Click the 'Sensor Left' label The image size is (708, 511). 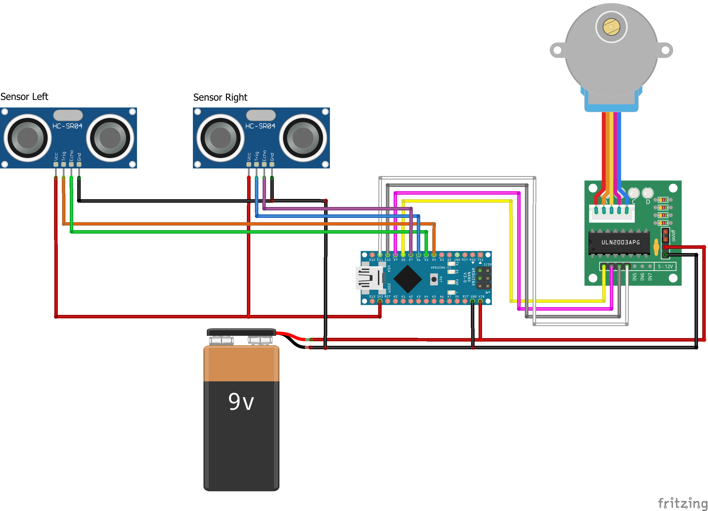[x=24, y=96]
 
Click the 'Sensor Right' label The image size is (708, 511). [x=220, y=97]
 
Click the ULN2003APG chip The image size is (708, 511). [x=620, y=242]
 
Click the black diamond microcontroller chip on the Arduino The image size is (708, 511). [x=408, y=279]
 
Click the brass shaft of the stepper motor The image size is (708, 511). [x=611, y=27]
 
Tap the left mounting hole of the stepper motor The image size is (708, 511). [x=558, y=50]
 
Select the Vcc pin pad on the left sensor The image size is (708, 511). [x=56, y=164]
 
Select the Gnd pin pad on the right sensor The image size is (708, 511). [x=272, y=164]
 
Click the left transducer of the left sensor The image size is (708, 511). [x=27, y=138]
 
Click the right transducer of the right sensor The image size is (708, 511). [x=303, y=138]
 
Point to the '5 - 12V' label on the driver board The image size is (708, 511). [x=665, y=267]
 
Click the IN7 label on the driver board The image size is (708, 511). [x=650, y=277]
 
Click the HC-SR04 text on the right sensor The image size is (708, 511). [x=260, y=126]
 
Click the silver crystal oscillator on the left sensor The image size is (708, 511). [x=68, y=115]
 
